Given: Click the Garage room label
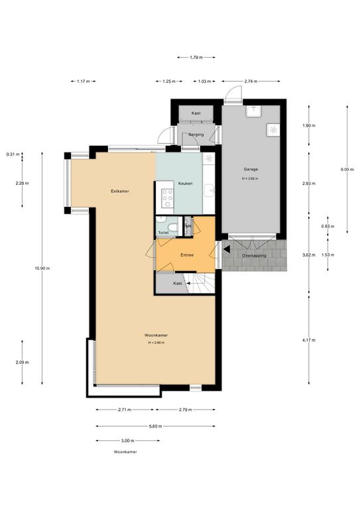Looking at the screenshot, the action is [x=251, y=169].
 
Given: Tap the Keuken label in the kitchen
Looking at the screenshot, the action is [x=186, y=184].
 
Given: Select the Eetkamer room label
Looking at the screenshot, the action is [x=120, y=191].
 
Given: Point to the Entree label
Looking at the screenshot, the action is [x=187, y=255].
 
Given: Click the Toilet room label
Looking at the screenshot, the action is [x=164, y=233].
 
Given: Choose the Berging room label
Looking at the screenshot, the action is [x=196, y=135].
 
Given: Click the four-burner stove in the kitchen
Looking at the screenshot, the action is [x=168, y=198].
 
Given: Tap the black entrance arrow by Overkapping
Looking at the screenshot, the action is [x=227, y=249].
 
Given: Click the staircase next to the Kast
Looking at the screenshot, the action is [x=199, y=283].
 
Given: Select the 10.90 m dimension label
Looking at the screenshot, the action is [x=42, y=268].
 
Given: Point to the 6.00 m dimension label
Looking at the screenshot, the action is [x=347, y=169].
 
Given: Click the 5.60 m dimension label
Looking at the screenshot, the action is [x=155, y=426].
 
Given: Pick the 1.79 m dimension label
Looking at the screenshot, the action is [x=196, y=58].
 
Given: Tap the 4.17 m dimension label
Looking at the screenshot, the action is [x=309, y=340].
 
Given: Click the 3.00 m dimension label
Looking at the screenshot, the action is [x=127, y=441].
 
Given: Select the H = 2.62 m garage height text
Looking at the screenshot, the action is [x=251, y=178].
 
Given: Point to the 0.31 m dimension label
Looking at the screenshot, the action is [x=13, y=154].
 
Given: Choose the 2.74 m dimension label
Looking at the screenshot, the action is [x=251, y=82].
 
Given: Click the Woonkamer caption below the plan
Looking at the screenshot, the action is [x=125, y=452].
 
